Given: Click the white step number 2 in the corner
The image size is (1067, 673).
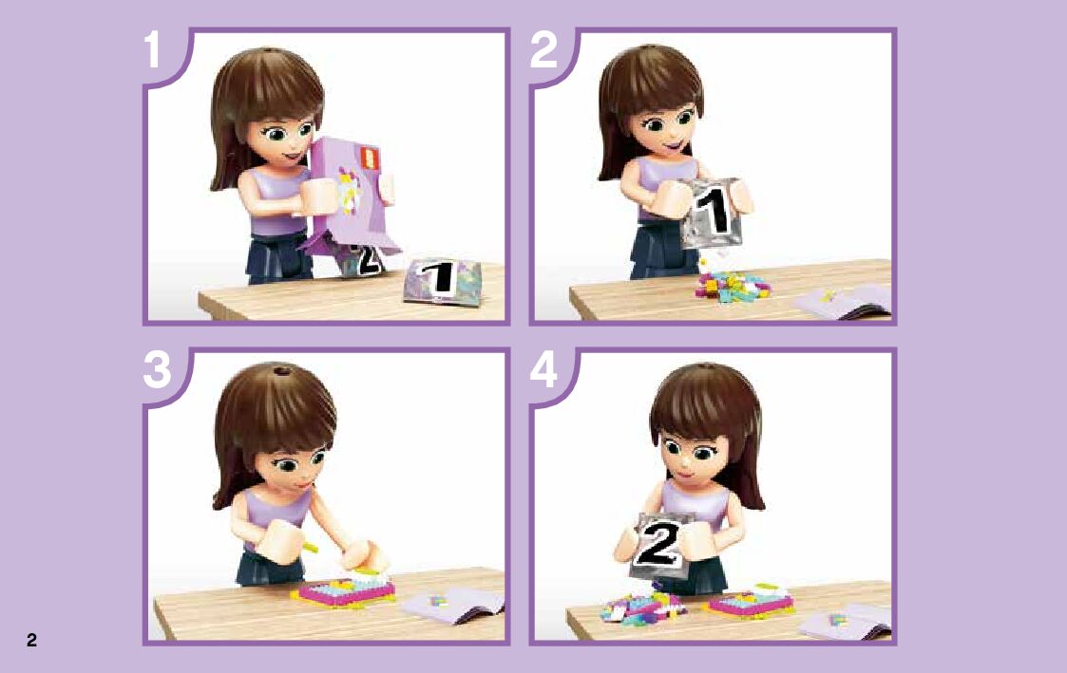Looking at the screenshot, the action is pos(543,49).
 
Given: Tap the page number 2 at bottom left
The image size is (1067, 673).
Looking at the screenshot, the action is pos(31,640).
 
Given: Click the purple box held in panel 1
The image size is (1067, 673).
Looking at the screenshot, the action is pos(347,194).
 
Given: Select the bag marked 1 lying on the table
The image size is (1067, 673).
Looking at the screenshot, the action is pos(442,279).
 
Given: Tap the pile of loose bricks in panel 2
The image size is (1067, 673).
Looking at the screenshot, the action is pos(732,286).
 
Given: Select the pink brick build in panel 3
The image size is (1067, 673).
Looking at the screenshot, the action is pos(344,591).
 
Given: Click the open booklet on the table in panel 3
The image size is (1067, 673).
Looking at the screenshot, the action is pos(452,604).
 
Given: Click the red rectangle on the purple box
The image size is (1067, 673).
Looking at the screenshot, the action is pos(368,158).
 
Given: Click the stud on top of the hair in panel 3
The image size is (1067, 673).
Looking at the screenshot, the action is pos(279,370).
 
